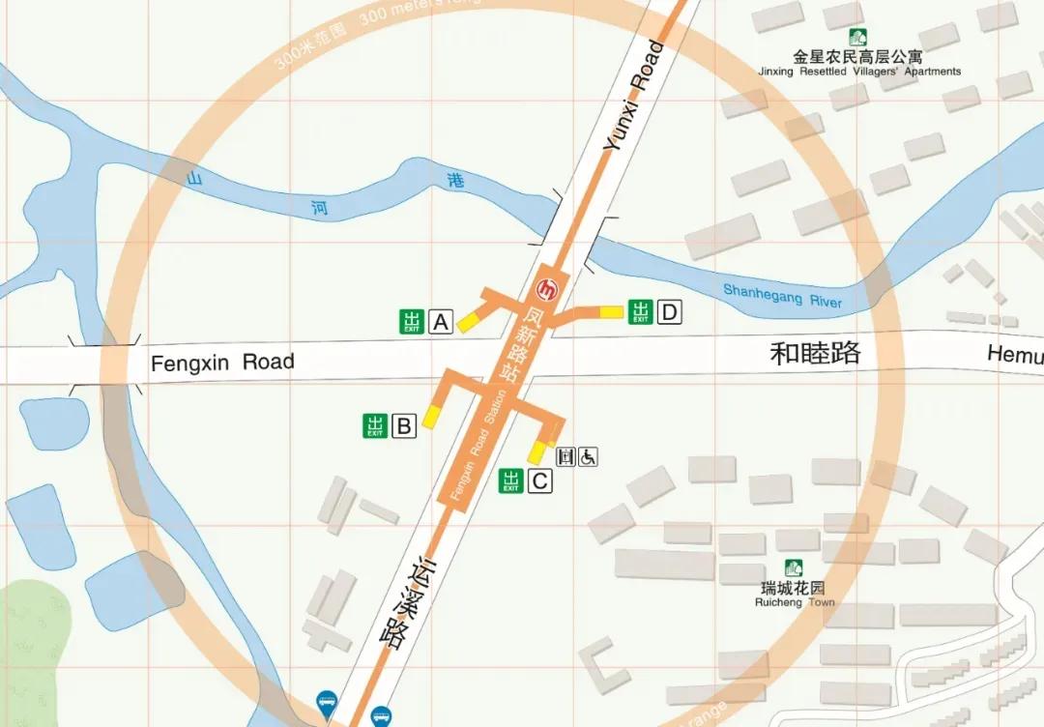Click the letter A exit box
[x=441, y=322]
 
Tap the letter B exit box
[x=404, y=425]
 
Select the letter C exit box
[x=539, y=480]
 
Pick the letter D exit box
[x=670, y=312]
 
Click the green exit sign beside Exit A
[x=413, y=322]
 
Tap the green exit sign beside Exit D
[x=640, y=312]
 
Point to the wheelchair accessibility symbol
[x=588, y=457]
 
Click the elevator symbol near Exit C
[x=566, y=457]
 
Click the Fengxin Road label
[x=222, y=363]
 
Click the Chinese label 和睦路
[x=815, y=353]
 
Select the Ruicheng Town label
[x=795, y=595]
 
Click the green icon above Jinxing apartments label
[x=857, y=38]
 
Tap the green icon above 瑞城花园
[x=794, y=568]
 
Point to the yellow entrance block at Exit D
[x=611, y=311]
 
